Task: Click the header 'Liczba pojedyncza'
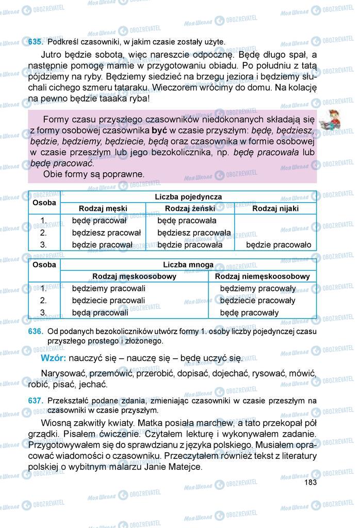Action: point(188,197)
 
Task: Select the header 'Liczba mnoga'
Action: point(188,265)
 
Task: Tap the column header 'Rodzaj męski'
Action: point(103,209)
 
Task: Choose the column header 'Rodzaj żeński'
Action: point(190,209)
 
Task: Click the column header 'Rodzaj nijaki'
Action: point(275,209)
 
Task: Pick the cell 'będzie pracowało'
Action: point(279,245)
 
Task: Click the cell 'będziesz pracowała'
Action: point(194,233)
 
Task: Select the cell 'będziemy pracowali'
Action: point(109,288)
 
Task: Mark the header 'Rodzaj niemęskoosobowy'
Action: point(263,276)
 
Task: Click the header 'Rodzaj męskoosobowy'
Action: point(134,276)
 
